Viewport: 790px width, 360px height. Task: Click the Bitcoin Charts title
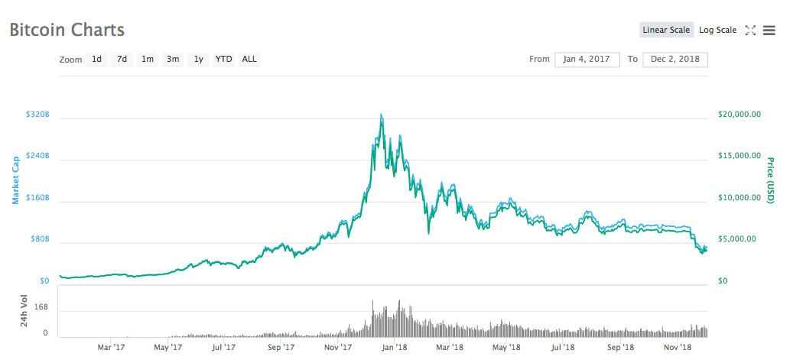tap(67, 31)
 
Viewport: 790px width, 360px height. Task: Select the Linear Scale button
tap(666, 30)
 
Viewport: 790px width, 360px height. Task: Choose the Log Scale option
tap(717, 30)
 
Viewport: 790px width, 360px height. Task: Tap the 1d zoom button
tap(96, 59)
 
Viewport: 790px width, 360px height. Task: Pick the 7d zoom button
tap(122, 59)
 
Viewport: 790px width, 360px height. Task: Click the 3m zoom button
tap(173, 59)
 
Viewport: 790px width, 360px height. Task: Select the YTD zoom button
tap(223, 59)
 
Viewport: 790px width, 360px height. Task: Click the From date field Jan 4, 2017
tap(587, 59)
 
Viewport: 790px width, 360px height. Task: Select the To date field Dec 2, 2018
tap(675, 59)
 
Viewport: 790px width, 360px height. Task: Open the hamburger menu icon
tap(769, 31)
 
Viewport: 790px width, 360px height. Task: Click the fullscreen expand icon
tap(750, 31)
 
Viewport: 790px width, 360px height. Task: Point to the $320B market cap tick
tap(37, 115)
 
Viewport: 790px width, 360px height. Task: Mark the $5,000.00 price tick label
tap(740, 238)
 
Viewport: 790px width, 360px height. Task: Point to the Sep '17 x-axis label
tap(281, 347)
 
